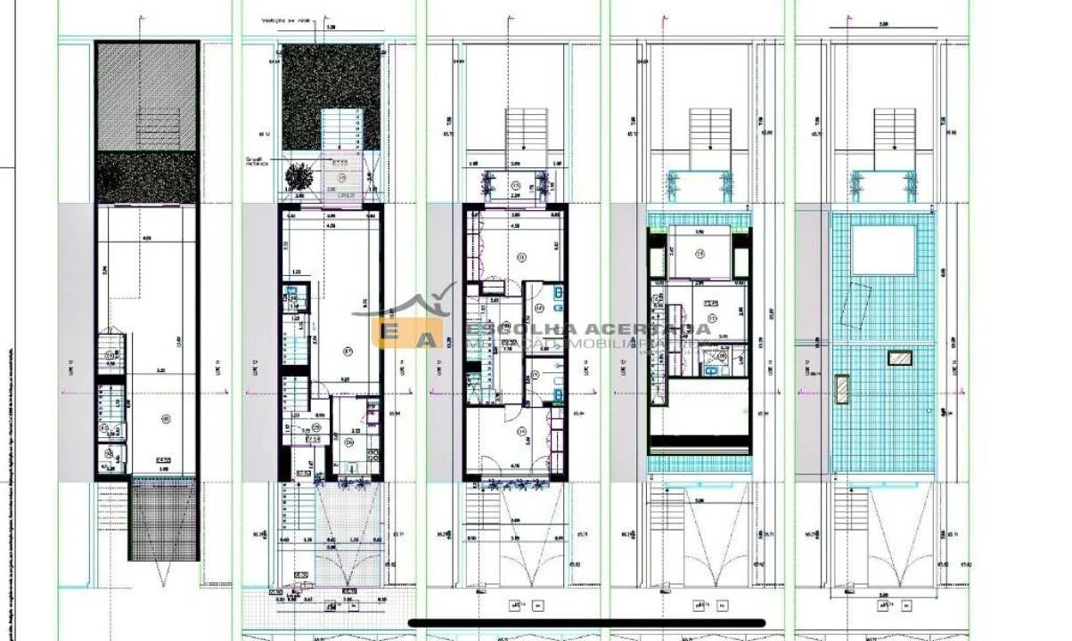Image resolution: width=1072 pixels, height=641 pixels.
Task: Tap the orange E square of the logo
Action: point(391,334)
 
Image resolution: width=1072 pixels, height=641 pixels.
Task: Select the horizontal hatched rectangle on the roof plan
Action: point(900,358)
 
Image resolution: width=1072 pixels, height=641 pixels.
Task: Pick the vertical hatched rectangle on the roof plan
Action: point(840,389)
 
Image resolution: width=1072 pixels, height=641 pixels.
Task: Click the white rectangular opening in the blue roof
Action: point(883,250)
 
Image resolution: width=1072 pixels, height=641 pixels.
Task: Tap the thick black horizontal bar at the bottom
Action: point(587,623)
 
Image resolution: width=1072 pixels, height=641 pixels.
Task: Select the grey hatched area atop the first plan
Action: point(146,97)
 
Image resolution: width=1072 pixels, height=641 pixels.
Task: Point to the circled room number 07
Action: point(348,350)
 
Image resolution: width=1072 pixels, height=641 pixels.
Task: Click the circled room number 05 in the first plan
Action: point(164,418)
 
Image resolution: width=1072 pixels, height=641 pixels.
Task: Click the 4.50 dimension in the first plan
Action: point(147,238)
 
